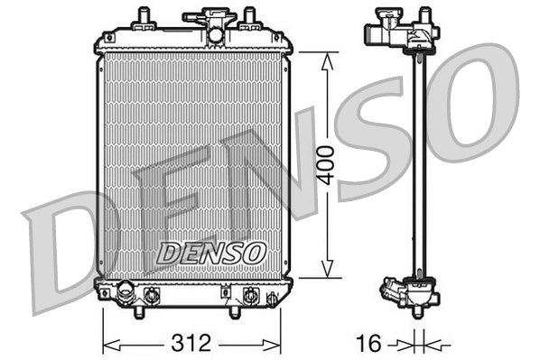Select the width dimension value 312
click(x=191, y=343)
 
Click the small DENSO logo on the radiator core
click(x=210, y=254)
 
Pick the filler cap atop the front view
click(x=205, y=15)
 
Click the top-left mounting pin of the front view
click(x=143, y=17)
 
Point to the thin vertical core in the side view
click(x=419, y=162)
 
